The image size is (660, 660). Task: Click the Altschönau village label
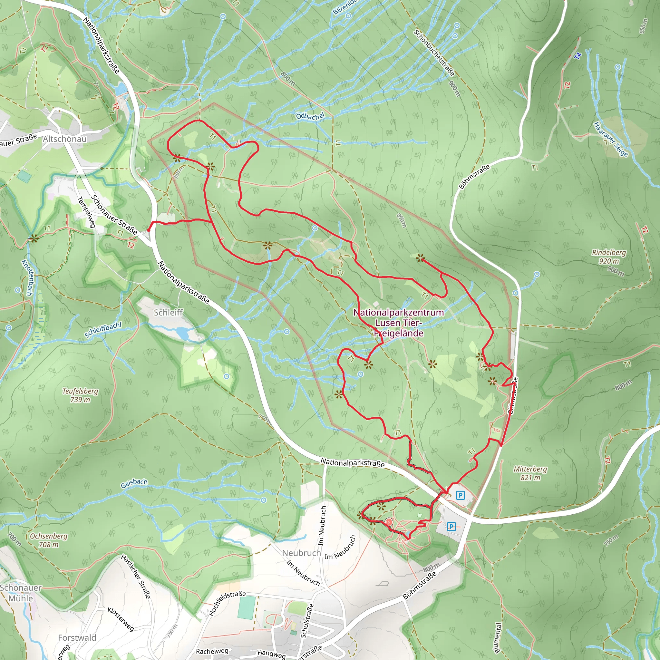pos(64,139)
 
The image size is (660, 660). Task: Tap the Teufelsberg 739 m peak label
pos(80,395)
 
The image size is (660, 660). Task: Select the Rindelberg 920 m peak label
pos(609,257)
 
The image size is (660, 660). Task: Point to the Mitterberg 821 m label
pos(530,473)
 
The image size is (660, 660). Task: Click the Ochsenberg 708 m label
pos(49,540)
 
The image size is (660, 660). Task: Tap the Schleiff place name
pos(168,312)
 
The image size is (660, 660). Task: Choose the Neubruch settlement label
pos(301,553)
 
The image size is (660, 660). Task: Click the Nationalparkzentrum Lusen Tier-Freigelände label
pos(399,323)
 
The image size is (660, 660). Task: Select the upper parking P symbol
pos(461,495)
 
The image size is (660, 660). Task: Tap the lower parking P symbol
pos(451,527)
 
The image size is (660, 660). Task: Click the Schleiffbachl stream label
pos(103,330)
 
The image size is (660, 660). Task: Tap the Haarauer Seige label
pos(611,139)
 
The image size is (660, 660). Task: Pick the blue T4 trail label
pos(578,56)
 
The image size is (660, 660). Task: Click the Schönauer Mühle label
pos(21,593)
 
